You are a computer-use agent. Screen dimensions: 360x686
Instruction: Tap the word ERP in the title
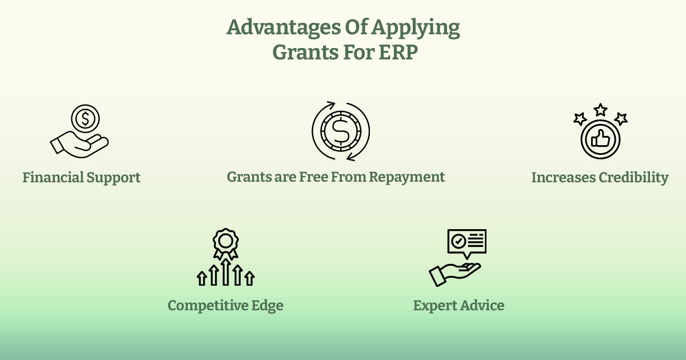tap(399, 52)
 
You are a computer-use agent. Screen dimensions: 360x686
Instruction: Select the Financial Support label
tap(81, 178)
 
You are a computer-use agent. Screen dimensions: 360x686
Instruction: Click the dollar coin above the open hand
tap(85, 119)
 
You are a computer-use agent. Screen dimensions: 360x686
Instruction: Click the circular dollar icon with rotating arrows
tap(341, 131)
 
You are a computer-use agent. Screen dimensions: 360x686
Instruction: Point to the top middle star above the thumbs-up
tap(600, 110)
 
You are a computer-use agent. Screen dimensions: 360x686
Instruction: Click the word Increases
tap(563, 178)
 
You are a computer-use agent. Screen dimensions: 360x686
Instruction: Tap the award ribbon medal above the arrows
tap(225, 242)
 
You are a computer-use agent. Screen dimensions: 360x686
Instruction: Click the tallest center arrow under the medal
tap(225, 271)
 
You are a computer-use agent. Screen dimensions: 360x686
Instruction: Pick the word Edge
tap(268, 306)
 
